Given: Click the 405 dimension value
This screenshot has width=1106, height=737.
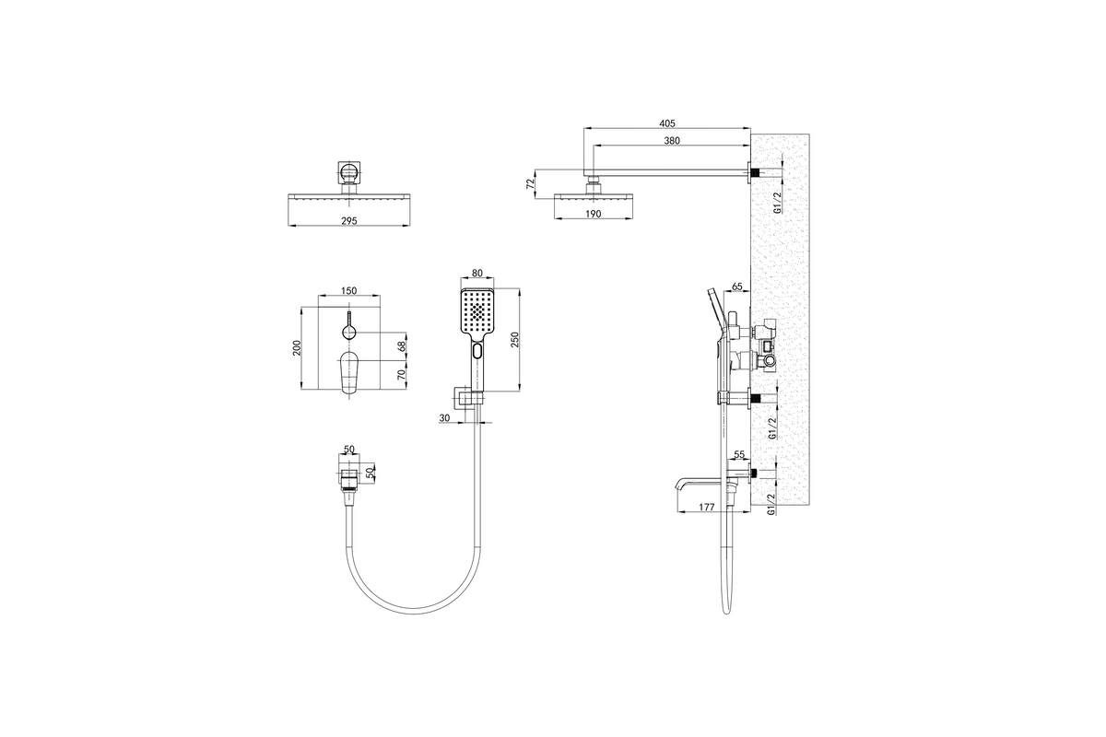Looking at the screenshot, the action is (x=667, y=123).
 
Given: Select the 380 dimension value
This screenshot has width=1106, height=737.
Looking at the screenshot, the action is (x=672, y=141).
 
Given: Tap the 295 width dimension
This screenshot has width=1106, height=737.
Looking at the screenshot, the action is (x=348, y=221).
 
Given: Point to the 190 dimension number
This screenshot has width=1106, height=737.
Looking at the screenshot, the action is (x=593, y=214).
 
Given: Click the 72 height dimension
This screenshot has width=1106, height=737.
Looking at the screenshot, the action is (x=531, y=183).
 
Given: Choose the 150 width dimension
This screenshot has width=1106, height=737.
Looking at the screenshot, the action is (x=348, y=291).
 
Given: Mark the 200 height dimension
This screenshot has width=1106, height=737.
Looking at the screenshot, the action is (x=296, y=348).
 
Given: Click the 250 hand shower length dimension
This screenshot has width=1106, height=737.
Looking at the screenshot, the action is (x=514, y=340).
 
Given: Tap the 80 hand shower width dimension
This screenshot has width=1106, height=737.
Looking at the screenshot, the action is (x=477, y=273).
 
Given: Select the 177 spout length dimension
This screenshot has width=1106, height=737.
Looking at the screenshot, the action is (x=707, y=507).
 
